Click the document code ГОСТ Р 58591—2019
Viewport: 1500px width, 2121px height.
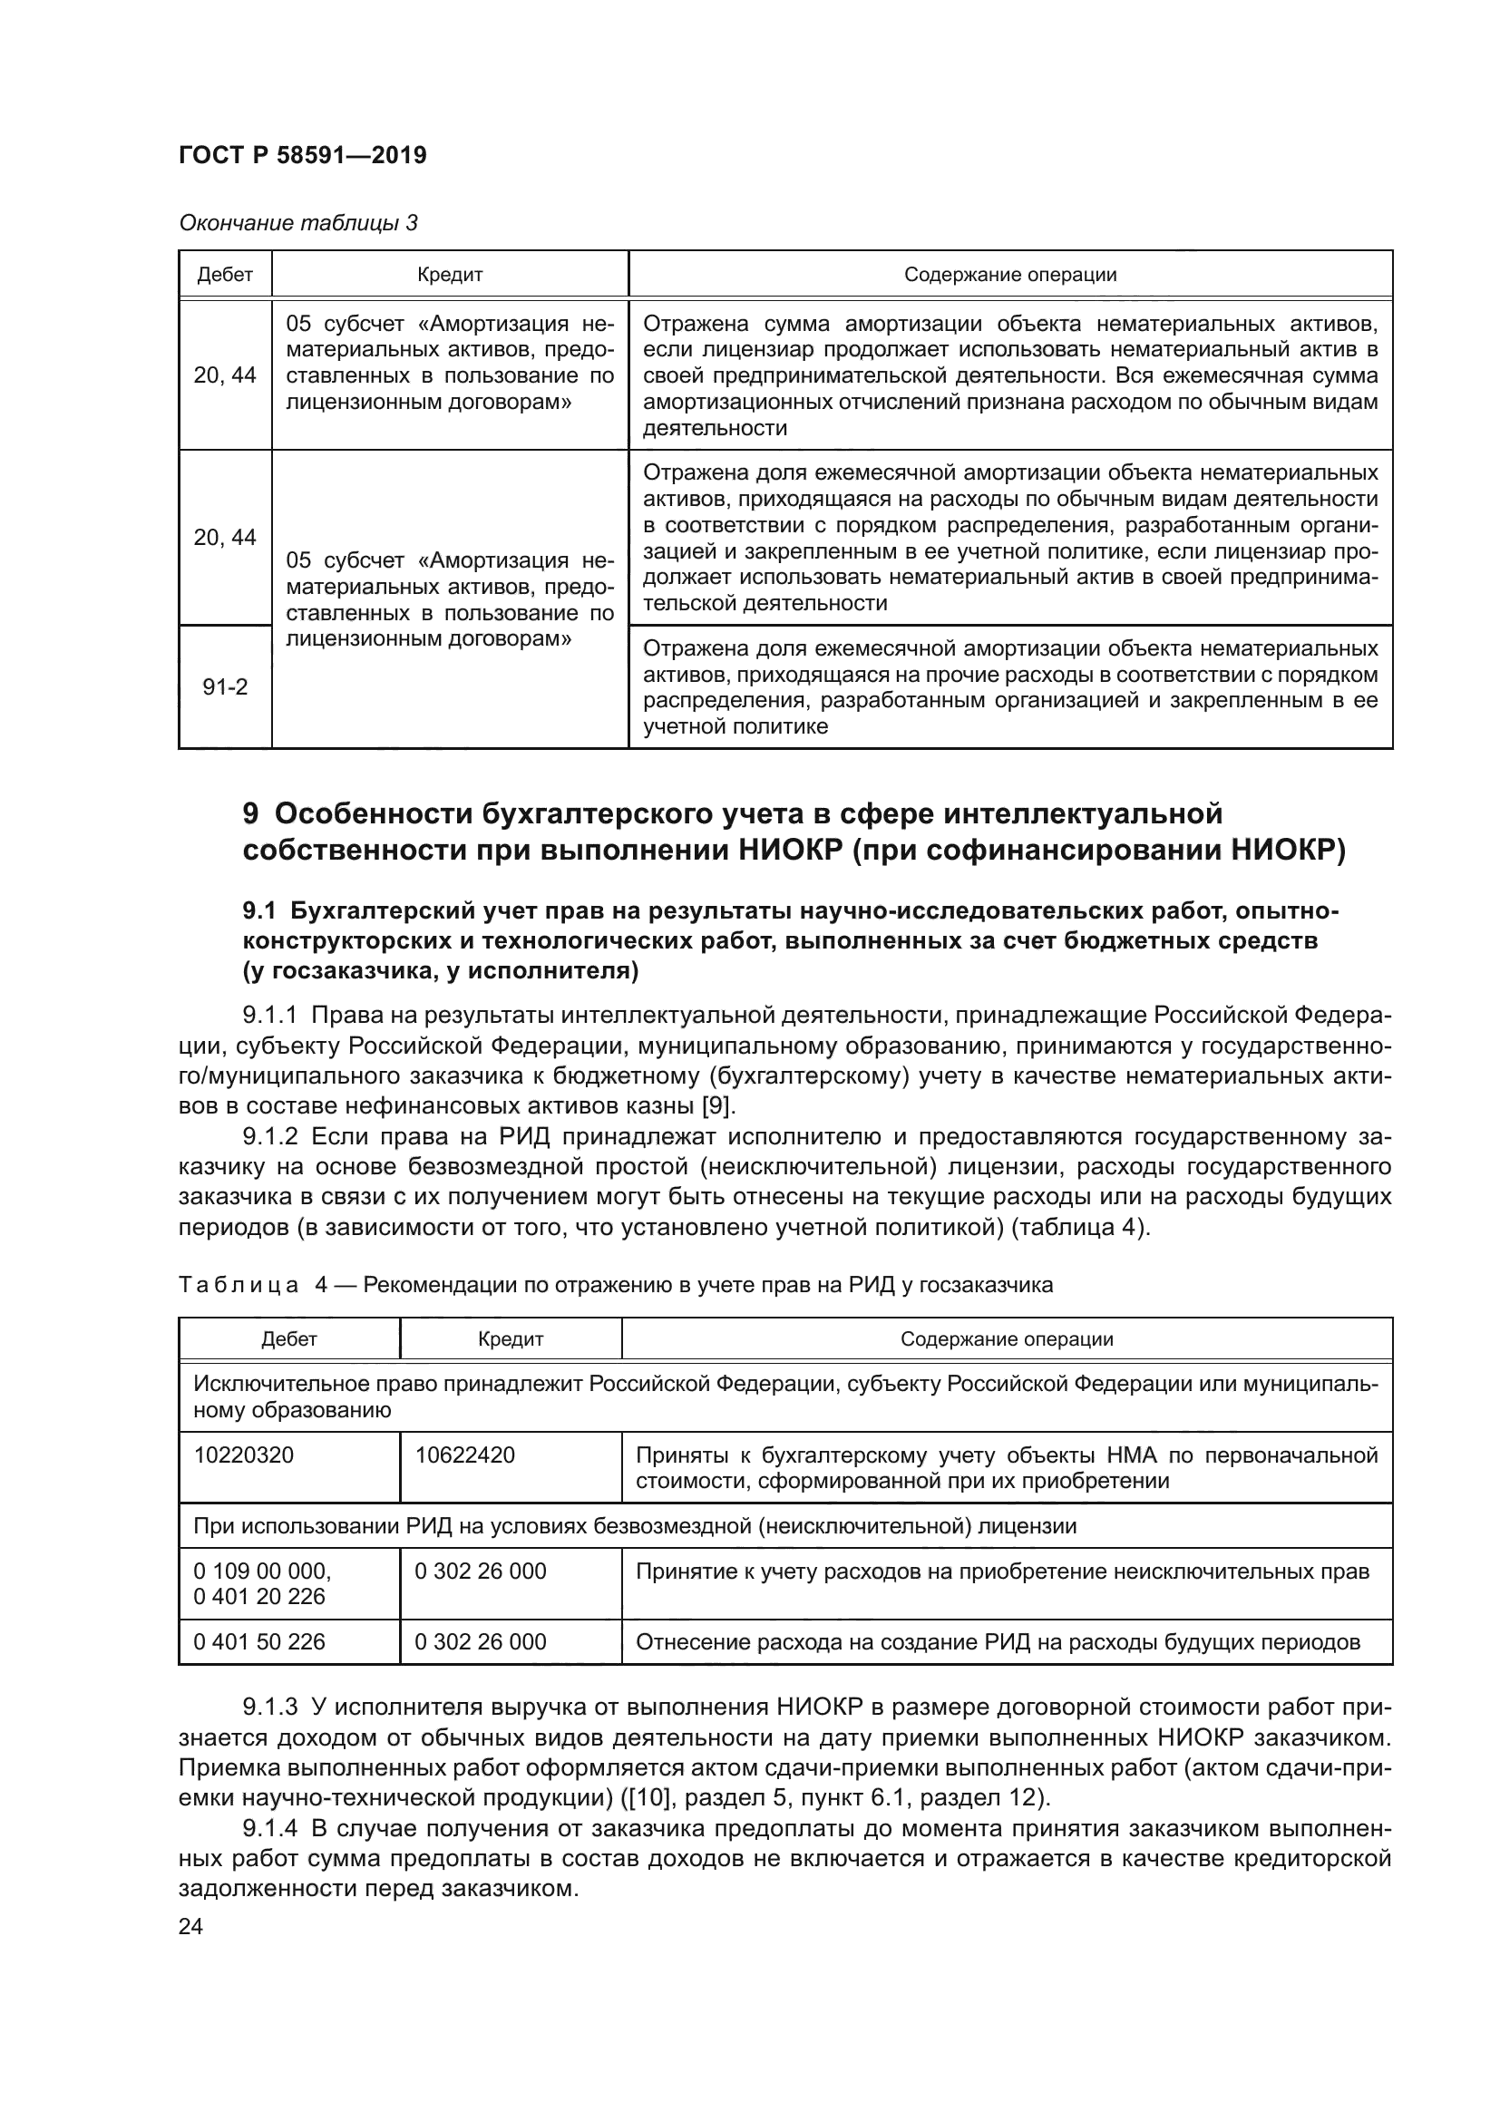(x=302, y=155)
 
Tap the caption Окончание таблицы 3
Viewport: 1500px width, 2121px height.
(x=298, y=223)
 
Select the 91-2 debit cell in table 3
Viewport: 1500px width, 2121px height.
(x=226, y=687)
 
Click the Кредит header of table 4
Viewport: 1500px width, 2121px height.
(x=510, y=1338)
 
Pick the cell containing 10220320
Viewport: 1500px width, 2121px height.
(x=244, y=1455)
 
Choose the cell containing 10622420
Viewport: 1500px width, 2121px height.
(x=464, y=1455)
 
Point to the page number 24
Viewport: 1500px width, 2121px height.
(x=191, y=1926)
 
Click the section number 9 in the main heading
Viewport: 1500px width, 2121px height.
(x=250, y=812)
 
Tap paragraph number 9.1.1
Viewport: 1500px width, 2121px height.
(x=269, y=1016)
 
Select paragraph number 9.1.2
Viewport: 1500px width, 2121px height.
(x=269, y=1137)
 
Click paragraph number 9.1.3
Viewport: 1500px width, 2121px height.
(x=269, y=1706)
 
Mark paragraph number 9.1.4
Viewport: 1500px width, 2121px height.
(x=269, y=1828)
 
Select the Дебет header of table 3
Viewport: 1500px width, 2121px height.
(x=226, y=275)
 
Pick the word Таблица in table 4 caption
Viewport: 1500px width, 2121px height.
(x=239, y=1285)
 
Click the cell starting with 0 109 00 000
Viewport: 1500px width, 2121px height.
(x=262, y=1571)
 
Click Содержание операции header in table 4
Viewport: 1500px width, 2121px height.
(x=1007, y=1338)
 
